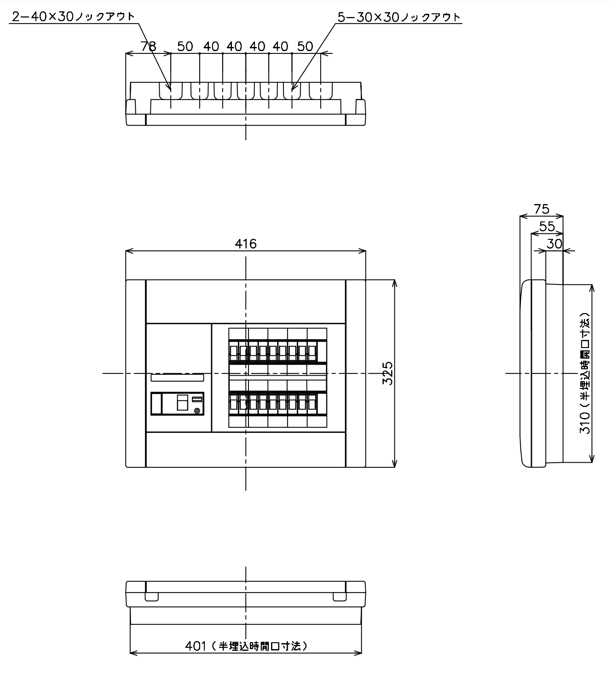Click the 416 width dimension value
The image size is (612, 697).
pyautogui.click(x=245, y=244)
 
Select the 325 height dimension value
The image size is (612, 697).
pyautogui.click(x=387, y=373)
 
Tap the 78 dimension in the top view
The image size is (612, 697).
pyautogui.click(x=148, y=46)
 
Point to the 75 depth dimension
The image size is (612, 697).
pyautogui.click(x=542, y=209)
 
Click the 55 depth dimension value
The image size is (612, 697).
pyautogui.click(x=547, y=227)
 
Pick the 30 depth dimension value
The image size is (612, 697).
pyautogui.click(x=554, y=244)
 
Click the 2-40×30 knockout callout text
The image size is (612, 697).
pyautogui.click(x=73, y=17)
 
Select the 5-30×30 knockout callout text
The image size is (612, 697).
pyautogui.click(x=399, y=17)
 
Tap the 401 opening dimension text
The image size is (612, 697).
pyautogui.click(x=246, y=646)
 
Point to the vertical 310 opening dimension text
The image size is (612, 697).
pyautogui.click(x=584, y=373)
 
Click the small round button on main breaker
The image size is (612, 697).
pyautogui.click(x=197, y=411)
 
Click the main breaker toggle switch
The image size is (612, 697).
pyautogui.click(x=183, y=402)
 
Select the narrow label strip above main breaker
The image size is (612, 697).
pyautogui.click(x=178, y=378)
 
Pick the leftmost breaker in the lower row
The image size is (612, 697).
pyautogui.click(x=233, y=404)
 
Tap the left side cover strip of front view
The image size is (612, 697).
pyautogui.click(x=136, y=373)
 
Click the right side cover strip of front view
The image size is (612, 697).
pyautogui.click(x=356, y=373)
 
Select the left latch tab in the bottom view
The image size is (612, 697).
pyautogui.click(x=152, y=597)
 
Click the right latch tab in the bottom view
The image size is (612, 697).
pyautogui.click(x=340, y=597)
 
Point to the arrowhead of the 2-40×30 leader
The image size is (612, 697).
pyautogui.click(x=170, y=89)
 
